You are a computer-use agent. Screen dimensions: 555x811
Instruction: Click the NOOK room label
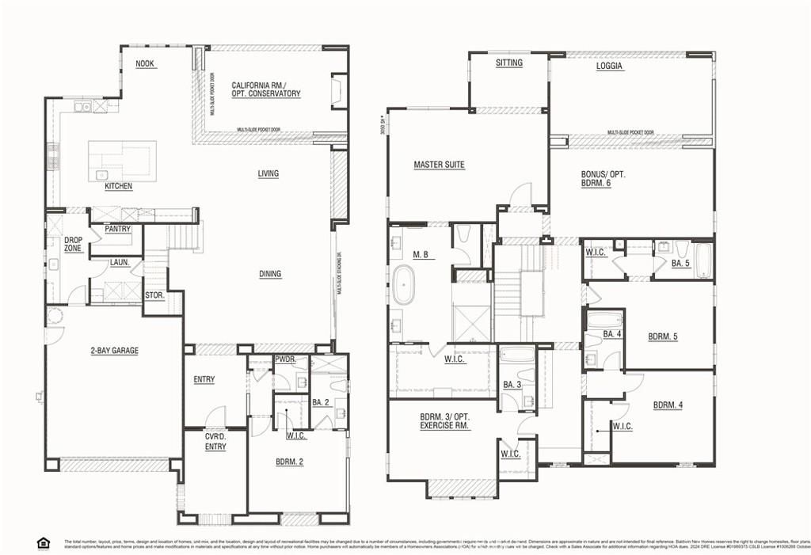(144, 64)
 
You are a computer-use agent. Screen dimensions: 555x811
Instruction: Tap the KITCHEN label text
(119, 187)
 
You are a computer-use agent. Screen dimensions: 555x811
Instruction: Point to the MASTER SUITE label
(439, 165)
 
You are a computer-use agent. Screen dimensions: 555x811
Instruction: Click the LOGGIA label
(609, 67)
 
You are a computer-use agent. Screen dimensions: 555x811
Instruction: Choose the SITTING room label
(508, 63)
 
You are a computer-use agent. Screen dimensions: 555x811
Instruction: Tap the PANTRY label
(117, 229)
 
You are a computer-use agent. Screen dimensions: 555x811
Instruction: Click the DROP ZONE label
(73, 244)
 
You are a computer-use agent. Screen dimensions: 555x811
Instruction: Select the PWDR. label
(285, 359)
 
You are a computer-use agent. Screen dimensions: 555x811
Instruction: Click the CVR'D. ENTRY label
(215, 441)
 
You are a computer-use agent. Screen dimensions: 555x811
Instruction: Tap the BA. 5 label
(680, 263)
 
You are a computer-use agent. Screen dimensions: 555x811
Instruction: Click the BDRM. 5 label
(663, 336)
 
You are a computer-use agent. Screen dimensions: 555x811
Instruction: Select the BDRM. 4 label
(668, 405)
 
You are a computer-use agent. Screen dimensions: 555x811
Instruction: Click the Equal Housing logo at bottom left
(43, 542)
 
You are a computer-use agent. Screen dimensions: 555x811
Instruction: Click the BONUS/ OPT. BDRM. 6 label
(603, 178)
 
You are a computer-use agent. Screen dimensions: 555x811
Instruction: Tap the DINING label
(269, 274)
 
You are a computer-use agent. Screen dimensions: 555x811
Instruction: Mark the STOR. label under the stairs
(154, 296)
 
